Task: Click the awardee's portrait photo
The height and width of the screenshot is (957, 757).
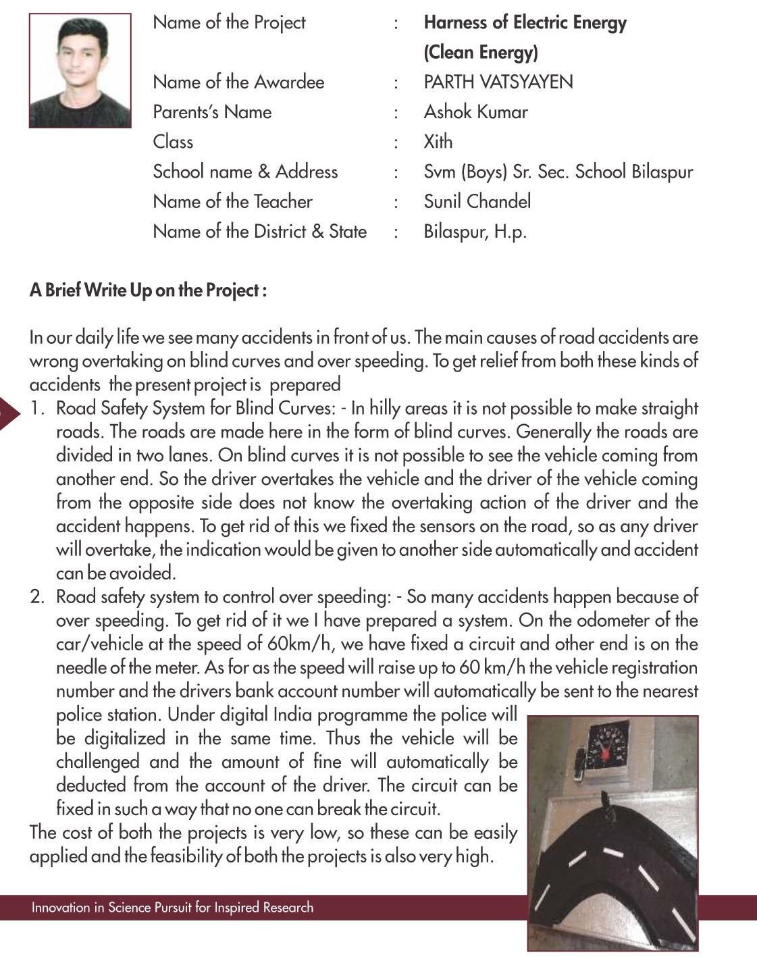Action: click(x=80, y=71)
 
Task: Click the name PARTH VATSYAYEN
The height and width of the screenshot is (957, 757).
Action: click(x=498, y=82)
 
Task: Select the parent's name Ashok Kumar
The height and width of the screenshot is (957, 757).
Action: click(x=475, y=112)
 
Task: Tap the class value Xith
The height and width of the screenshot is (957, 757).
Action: click(x=438, y=142)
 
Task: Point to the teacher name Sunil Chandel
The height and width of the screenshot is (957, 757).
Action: click(x=477, y=201)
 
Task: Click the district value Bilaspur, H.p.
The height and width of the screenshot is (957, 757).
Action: click(x=475, y=232)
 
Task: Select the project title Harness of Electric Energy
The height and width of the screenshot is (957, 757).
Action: click(x=525, y=23)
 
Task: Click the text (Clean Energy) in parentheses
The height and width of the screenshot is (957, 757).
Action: click(x=480, y=53)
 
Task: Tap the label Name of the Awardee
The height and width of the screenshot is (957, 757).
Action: click(x=238, y=82)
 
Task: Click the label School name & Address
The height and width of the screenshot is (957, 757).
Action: click(x=245, y=172)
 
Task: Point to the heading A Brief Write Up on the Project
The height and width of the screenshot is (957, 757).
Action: click(x=148, y=290)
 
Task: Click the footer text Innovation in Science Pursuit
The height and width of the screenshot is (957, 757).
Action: click(x=172, y=907)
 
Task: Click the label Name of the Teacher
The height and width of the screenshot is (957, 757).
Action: click(x=232, y=201)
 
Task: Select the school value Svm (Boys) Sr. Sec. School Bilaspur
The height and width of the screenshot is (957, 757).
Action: click(x=558, y=172)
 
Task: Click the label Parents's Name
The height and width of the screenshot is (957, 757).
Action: click(x=212, y=112)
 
